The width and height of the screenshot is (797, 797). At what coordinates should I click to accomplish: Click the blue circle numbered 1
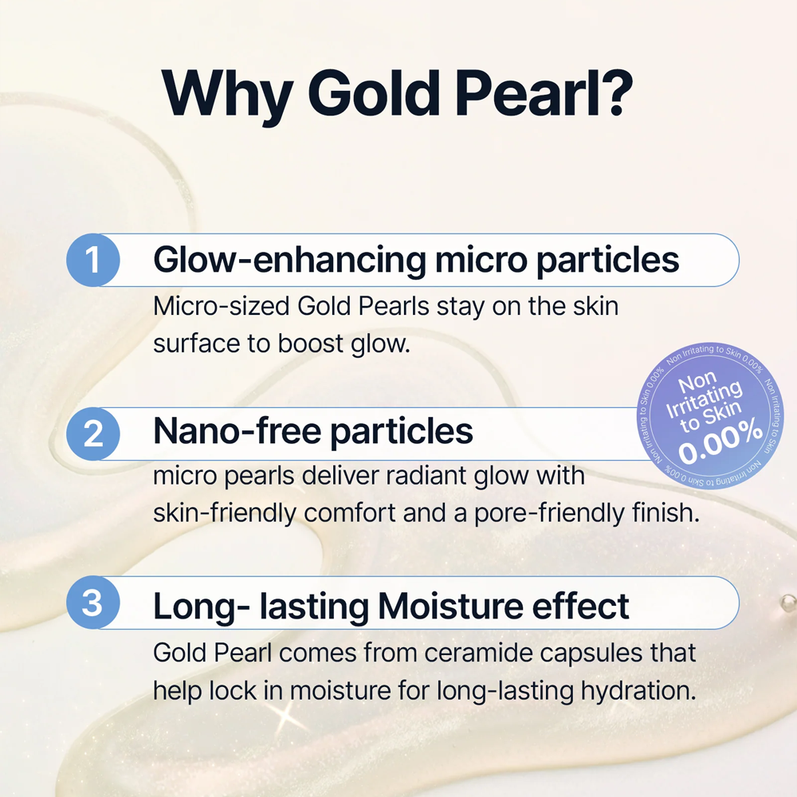[x=93, y=260]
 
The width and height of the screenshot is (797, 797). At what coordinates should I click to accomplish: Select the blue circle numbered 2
[x=93, y=434]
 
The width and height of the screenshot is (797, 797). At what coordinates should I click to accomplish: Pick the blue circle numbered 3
[x=93, y=603]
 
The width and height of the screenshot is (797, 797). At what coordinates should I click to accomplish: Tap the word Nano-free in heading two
[x=237, y=431]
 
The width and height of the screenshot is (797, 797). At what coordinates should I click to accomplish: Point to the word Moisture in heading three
[x=450, y=606]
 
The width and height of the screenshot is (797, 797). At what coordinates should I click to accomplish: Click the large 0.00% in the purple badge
[x=720, y=441]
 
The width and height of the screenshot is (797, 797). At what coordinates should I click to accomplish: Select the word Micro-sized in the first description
[x=221, y=307]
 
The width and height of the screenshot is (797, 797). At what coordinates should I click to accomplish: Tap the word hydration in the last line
[x=638, y=691]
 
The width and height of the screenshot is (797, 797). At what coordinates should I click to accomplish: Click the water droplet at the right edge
[x=788, y=603]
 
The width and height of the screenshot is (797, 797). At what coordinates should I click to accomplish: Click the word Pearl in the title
[x=524, y=92]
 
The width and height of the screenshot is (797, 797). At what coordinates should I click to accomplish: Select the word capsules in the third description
[x=591, y=654]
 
